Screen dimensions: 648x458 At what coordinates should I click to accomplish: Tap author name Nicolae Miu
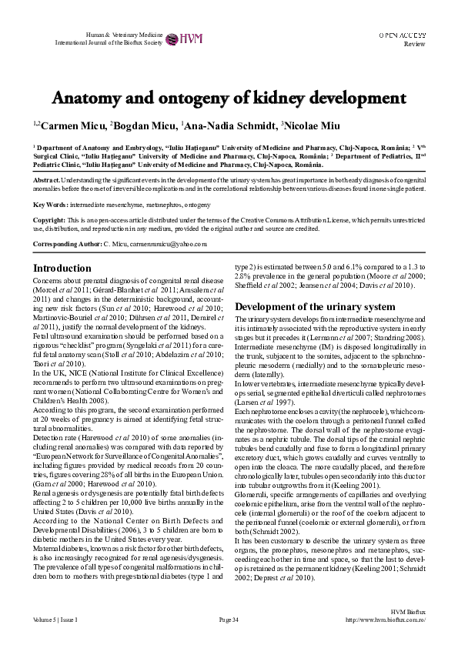(x=311, y=125)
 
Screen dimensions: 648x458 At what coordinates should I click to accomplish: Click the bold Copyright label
(x=48, y=220)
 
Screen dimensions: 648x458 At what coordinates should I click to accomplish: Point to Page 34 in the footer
(x=229, y=620)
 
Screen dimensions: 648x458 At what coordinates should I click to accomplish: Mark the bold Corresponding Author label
(x=66, y=244)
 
